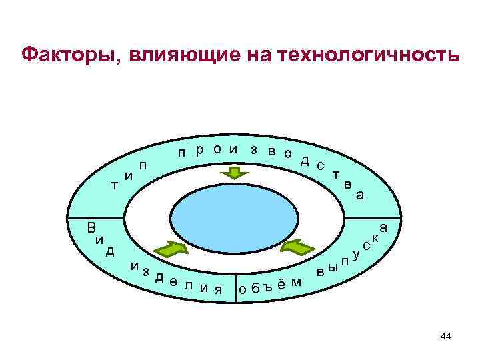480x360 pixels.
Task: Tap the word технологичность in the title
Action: point(374,55)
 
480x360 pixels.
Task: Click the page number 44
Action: point(446,337)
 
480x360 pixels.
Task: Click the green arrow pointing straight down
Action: point(234,173)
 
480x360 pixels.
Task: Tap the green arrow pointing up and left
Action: point(295,248)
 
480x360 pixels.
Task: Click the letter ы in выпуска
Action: point(333,268)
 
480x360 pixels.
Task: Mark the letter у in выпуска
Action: point(356,254)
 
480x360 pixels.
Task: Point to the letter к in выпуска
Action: point(376,237)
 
